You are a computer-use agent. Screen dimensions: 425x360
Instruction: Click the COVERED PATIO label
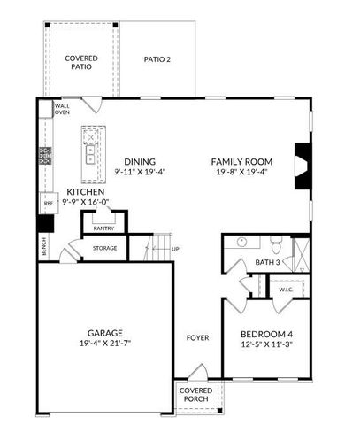(x=81, y=63)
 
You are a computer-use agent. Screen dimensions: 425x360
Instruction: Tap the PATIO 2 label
(x=157, y=59)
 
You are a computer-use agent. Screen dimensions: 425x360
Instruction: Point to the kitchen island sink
(x=90, y=151)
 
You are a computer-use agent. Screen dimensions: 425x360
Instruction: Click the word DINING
(x=140, y=161)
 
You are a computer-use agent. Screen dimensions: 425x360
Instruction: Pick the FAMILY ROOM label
(x=241, y=161)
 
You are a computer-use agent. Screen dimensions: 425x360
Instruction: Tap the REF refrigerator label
(x=49, y=203)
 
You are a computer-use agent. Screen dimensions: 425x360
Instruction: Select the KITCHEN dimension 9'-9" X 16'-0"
(x=85, y=204)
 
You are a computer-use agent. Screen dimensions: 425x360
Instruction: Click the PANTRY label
(x=104, y=228)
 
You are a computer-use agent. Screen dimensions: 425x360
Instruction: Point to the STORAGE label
(x=104, y=248)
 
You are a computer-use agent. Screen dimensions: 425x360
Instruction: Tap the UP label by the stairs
(x=175, y=249)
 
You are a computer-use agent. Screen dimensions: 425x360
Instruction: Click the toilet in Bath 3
(x=275, y=243)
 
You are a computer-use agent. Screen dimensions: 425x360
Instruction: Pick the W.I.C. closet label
(x=286, y=289)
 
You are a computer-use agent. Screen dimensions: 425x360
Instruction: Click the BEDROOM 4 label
(x=266, y=335)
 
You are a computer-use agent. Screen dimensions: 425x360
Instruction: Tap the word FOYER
(x=195, y=338)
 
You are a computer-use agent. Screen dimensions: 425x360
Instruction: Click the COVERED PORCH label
(x=195, y=395)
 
